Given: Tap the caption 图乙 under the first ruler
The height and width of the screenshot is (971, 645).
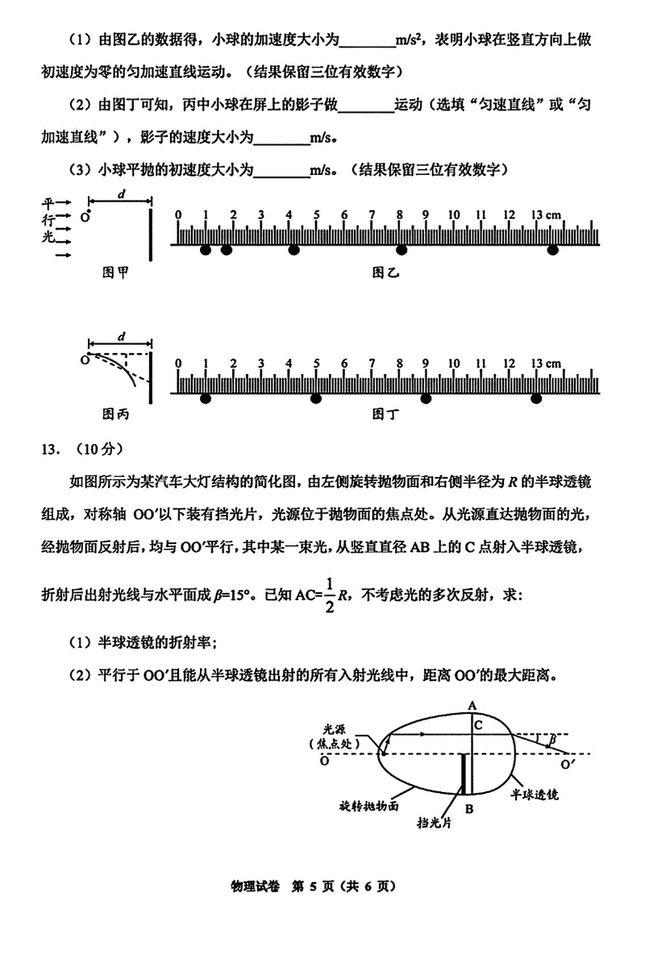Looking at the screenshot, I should click(x=385, y=272).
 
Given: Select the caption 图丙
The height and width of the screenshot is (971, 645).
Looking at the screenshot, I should click(x=115, y=414).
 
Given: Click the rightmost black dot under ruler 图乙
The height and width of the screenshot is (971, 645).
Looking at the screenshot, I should click(x=553, y=251).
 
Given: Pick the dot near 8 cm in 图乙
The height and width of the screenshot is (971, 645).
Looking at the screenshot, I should click(x=401, y=251).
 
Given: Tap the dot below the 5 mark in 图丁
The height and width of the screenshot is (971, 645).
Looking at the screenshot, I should click(x=316, y=398).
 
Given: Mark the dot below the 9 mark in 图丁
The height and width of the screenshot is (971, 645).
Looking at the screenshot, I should click(x=426, y=398).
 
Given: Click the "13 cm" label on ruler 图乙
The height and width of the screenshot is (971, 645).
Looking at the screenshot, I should click(x=546, y=215).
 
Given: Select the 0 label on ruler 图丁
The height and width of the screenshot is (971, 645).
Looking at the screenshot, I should click(x=178, y=363).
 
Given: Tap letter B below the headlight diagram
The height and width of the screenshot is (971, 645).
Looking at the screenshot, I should click(x=469, y=809).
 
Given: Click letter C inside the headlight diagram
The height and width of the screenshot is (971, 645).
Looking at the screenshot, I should click(x=478, y=724).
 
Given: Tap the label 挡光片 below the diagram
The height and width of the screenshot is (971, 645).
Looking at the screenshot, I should click(x=434, y=824).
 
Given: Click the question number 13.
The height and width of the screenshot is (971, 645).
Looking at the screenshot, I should click(x=54, y=448).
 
